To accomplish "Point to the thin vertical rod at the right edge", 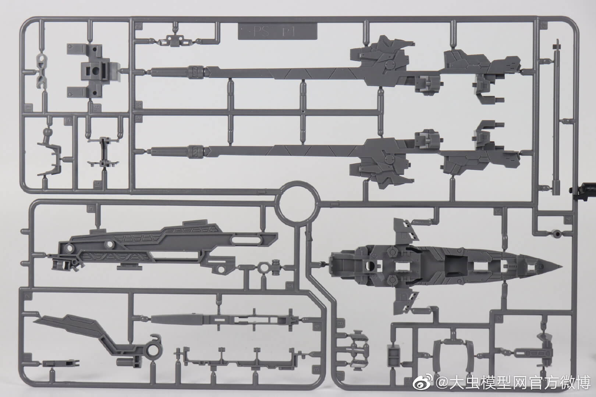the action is point(557,118).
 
